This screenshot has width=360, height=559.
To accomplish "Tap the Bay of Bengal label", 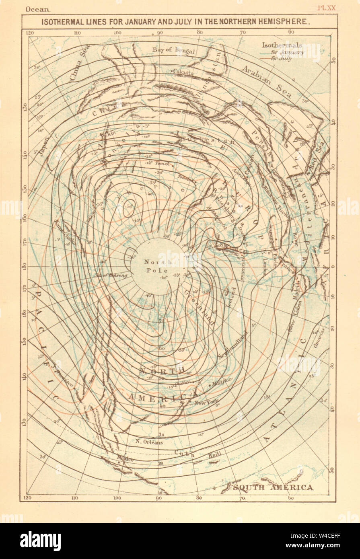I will [173, 50].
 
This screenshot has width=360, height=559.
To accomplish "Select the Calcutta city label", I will [183, 72].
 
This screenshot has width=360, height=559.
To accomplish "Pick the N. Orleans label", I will [149, 442].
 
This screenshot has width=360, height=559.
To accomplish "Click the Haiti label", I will [215, 456].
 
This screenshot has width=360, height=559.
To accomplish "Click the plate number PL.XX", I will [326, 8].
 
